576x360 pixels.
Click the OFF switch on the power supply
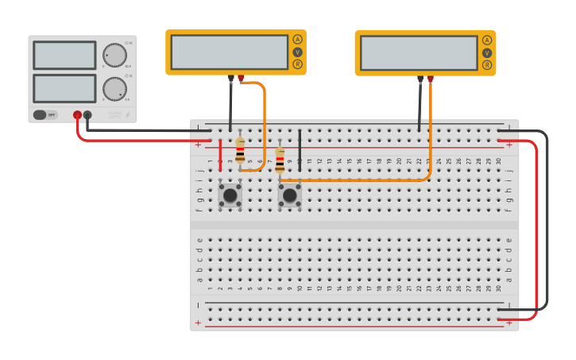(45, 114)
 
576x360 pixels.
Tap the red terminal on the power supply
(77, 115)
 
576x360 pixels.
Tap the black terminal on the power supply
(87, 115)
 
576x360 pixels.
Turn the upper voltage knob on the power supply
(114, 55)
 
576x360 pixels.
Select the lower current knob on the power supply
(114, 88)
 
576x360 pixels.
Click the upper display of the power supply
(64, 56)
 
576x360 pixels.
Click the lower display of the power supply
(64, 88)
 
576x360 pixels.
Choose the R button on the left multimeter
(298, 64)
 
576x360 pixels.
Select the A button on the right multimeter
(487, 41)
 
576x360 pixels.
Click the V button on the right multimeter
(487, 52)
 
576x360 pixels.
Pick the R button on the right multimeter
(487, 65)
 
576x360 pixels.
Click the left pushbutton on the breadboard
(230, 195)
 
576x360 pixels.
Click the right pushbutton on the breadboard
(290, 195)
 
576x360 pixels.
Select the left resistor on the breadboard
(240, 150)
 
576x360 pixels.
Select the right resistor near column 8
(280, 160)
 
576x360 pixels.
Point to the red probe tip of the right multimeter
(431, 79)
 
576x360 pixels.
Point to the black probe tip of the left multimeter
(231, 79)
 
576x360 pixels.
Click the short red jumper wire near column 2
(220, 155)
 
